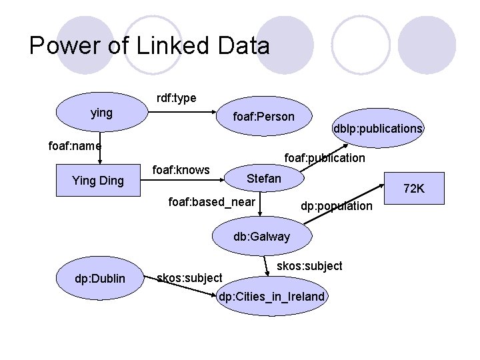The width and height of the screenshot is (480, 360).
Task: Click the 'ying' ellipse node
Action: (x=101, y=113)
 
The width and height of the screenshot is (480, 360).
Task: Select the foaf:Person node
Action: (x=263, y=117)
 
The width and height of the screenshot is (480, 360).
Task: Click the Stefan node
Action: (x=264, y=179)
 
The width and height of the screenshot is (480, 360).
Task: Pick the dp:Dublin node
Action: (x=100, y=278)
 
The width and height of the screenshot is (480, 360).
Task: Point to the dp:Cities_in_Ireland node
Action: (x=272, y=296)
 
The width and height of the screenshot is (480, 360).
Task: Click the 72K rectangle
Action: (x=413, y=189)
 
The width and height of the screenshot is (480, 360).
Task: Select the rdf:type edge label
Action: (x=176, y=98)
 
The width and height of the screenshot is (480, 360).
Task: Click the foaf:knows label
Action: (x=181, y=169)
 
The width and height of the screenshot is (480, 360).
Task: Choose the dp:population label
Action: (x=336, y=206)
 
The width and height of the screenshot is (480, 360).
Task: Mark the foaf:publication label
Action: (x=325, y=158)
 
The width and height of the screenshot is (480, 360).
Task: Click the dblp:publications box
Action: (x=377, y=128)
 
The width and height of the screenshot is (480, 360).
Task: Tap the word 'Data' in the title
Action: (x=243, y=45)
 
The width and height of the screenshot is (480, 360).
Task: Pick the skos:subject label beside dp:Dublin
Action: (x=189, y=277)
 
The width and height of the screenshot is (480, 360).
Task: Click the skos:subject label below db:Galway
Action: (x=309, y=266)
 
